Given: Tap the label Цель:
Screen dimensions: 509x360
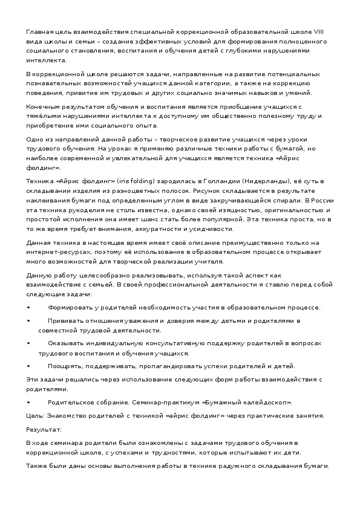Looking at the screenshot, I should click(34, 415).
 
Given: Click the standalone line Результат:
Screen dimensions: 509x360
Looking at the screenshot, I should click(44, 429).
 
